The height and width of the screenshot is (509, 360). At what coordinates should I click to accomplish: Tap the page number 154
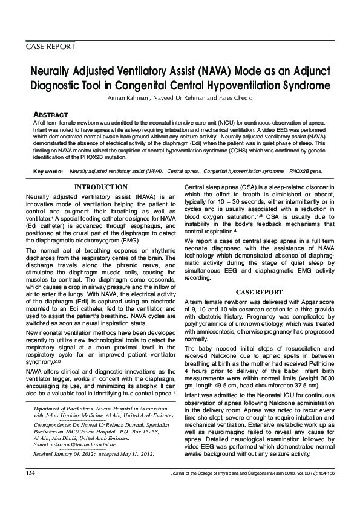click(x=31, y=488)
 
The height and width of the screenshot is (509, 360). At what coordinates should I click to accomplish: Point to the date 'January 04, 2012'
click(x=81, y=453)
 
